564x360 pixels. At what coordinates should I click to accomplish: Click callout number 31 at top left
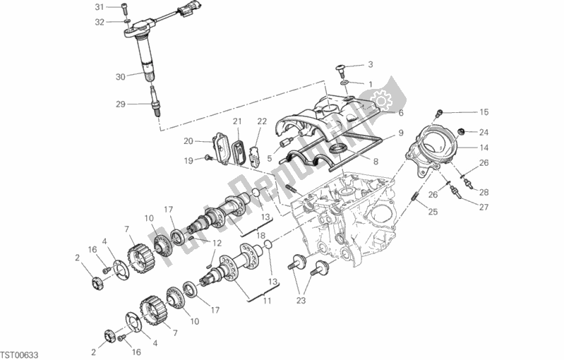tap(100, 7)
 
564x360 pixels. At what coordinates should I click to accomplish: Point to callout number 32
tap(100, 22)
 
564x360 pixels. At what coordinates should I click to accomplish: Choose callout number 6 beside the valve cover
tap(400, 112)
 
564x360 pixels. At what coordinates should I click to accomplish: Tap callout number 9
tap(400, 132)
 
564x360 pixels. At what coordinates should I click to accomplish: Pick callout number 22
tap(261, 121)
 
